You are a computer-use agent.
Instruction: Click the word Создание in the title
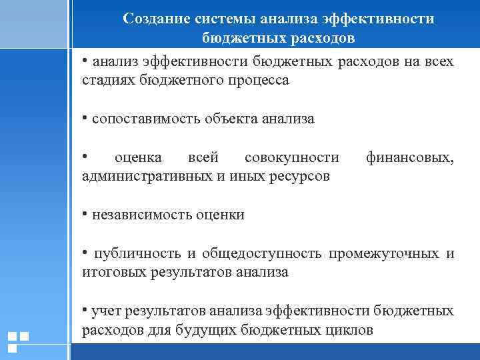tap(155, 19)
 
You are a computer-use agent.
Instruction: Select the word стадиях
tap(107, 81)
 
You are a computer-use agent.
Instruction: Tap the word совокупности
tap(292, 158)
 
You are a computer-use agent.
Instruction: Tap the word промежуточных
tap(383, 253)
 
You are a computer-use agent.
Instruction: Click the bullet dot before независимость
tap(85, 213)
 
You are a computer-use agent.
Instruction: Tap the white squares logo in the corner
tap(17, 341)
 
